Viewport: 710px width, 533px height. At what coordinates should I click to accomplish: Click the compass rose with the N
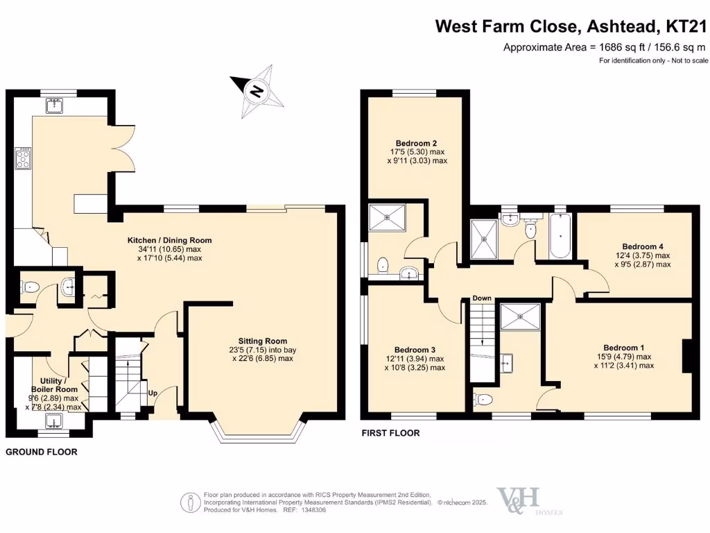click(258, 90)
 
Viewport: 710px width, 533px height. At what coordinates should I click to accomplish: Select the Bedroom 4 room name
click(643, 246)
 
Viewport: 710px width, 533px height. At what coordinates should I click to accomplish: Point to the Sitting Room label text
click(262, 341)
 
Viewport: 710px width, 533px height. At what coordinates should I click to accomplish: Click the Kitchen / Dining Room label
click(169, 240)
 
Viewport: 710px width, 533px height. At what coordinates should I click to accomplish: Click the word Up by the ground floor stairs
click(152, 393)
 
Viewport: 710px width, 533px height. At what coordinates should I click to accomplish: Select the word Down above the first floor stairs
click(482, 298)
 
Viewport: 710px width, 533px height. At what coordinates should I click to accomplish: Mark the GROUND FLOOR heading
click(42, 452)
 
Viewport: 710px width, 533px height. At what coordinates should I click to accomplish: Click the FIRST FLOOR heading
click(390, 433)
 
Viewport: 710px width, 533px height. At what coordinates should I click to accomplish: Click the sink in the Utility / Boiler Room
click(53, 421)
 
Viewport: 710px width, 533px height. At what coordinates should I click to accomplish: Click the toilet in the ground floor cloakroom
click(29, 286)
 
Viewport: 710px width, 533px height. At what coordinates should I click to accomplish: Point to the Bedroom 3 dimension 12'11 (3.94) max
click(415, 359)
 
